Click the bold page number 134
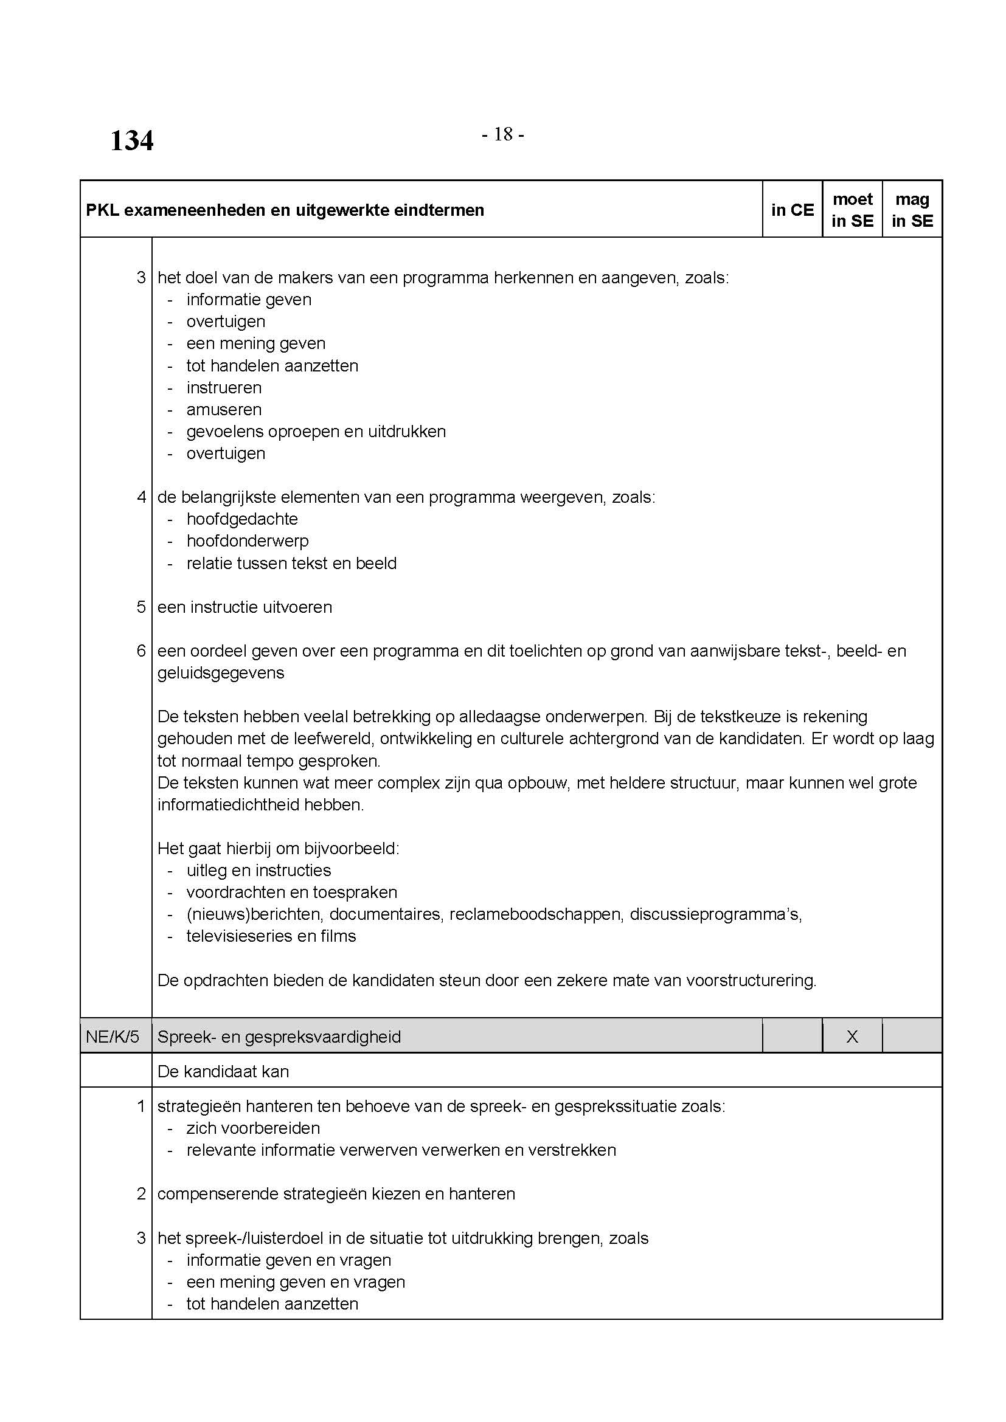pos(131,140)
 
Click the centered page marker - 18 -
pos(502,134)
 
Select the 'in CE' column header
pos(792,210)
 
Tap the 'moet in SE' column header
pos(852,210)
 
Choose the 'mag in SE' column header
pos(912,210)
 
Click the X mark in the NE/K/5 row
pos(852,1037)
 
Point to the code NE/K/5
pos(113,1037)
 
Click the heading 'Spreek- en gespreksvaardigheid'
pos(279,1037)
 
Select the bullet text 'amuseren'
pos(224,409)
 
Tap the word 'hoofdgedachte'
pos(241,519)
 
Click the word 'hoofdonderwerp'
pos(247,540)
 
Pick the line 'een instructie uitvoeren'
pos(245,607)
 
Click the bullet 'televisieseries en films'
pos(271,936)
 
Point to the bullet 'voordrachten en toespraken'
pos(291,892)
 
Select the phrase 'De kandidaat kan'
pos(223,1071)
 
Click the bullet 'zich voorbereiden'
pos(253,1128)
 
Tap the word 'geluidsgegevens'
pos(221,672)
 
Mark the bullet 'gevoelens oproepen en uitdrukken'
pos(316,431)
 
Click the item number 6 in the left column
pos(141,651)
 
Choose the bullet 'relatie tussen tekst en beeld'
pos(291,563)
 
